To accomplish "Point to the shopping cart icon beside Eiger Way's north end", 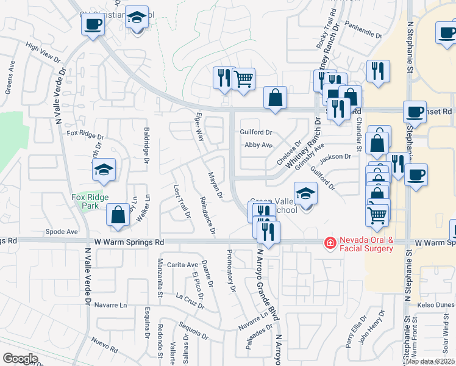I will (x=243, y=78).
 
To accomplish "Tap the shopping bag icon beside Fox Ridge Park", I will (x=118, y=215).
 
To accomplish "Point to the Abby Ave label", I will (x=258, y=145).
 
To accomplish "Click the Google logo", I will (x=21, y=359).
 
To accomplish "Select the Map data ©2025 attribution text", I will (x=430, y=361).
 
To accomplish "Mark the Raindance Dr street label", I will (x=208, y=215).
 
